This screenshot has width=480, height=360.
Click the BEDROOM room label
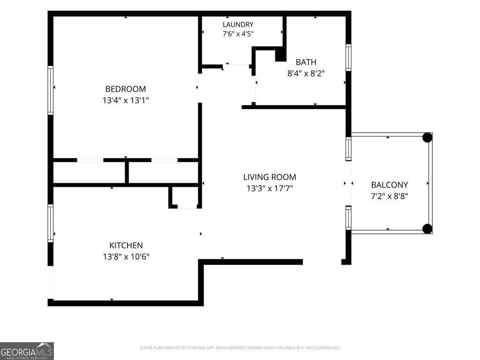126,89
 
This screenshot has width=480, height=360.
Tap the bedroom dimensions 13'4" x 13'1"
126,100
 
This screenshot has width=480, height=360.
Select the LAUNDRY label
238,24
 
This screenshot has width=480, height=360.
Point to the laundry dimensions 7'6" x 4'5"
238,34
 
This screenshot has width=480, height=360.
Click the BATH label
306,62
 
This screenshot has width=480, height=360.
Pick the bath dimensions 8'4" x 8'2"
306,74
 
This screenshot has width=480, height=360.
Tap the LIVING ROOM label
270,177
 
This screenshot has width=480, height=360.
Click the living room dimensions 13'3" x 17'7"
270,188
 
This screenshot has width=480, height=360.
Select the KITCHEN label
126,245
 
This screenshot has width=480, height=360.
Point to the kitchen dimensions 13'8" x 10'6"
126,256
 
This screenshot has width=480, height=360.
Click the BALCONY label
390,185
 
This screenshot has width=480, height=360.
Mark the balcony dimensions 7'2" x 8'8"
390,196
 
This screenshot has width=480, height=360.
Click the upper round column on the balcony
427,137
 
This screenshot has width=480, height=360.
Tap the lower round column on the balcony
427,229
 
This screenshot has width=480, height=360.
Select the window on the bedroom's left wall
51,90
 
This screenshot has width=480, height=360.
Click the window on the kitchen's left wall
51,223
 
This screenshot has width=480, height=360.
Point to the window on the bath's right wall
348,58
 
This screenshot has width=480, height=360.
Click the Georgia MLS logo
27,351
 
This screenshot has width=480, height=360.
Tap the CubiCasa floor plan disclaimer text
240,348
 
